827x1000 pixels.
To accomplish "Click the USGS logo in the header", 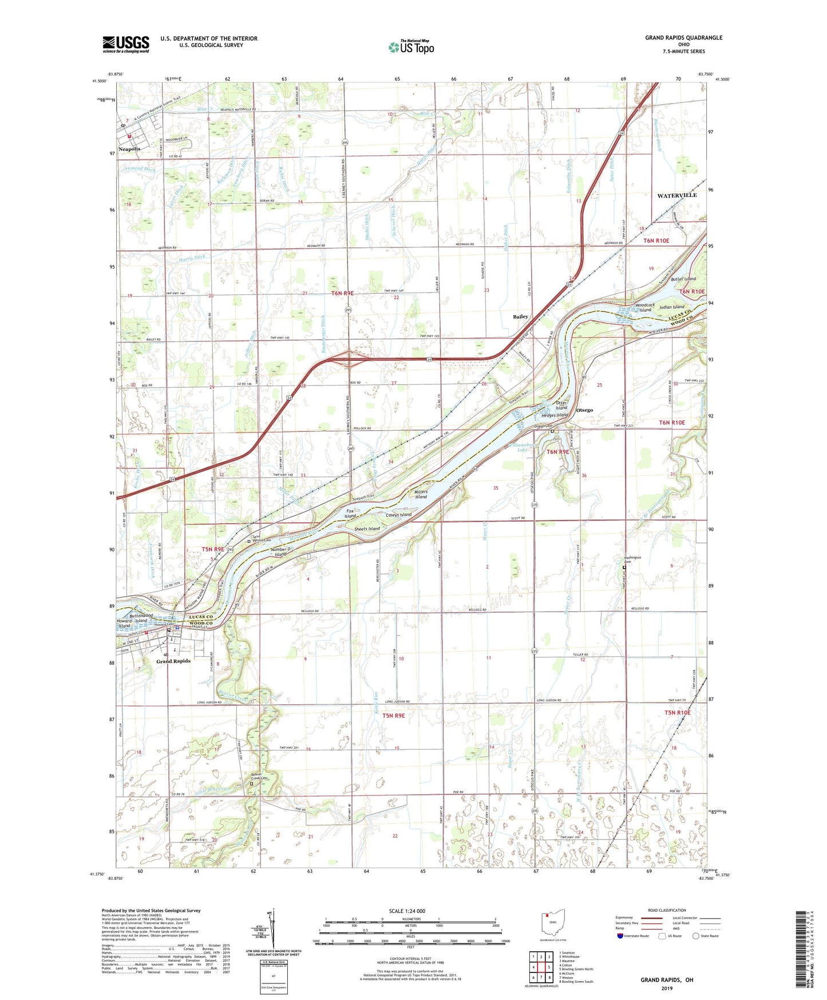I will pos(126,44).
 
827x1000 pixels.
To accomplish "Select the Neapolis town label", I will pos(129,149).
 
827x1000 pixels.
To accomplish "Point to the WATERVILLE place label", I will pos(676,195).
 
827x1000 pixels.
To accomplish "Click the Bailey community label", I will pos(520,317).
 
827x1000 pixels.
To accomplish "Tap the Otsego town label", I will pos(584,410).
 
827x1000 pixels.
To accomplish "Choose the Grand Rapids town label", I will pos(173,661).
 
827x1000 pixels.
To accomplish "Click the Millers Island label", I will pos(421,494).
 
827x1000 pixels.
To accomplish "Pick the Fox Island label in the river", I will pos(350,513).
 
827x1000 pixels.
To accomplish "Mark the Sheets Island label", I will pos(367,529).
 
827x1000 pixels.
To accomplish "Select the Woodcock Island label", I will pos(645,308).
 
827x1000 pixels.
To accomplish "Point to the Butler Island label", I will pos(683,279).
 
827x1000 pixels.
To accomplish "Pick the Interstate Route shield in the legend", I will pos(622,936).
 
